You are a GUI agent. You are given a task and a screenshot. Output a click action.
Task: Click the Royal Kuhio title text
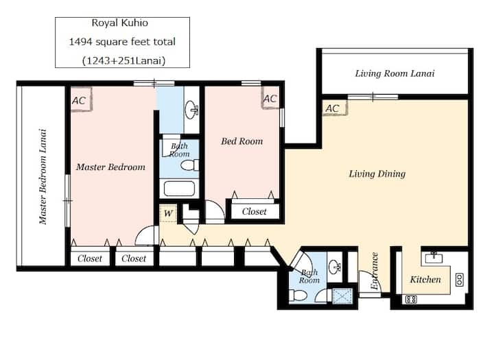point(119,23)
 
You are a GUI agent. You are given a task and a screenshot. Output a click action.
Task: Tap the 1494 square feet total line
point(122,42)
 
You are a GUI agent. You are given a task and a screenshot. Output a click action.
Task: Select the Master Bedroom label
point(110,167)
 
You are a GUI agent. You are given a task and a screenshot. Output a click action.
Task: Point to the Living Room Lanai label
point(395,73)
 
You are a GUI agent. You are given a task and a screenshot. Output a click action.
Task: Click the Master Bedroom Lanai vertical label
point(43,177)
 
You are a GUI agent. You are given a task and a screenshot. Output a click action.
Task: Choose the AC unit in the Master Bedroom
point(81,99)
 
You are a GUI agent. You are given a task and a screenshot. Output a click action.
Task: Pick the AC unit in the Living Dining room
point(335,108)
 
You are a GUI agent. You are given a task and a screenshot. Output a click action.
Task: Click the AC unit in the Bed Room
point(270,97)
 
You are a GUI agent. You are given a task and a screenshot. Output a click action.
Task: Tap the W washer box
point(168,213)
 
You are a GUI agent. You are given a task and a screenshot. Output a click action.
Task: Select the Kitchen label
point(425,279)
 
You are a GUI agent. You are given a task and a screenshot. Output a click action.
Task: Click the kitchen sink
point(434,257)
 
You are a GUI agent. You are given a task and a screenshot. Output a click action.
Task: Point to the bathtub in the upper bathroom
point(179,189)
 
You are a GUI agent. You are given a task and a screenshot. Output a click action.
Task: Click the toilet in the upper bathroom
point(189,165)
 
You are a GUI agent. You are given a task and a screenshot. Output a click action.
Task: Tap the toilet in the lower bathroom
point(298,296)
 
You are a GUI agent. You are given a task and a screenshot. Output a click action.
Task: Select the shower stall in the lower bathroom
point(342,296)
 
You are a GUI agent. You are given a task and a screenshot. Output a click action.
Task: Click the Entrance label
point(375,271)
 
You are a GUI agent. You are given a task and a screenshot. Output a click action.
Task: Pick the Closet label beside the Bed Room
point(255,211)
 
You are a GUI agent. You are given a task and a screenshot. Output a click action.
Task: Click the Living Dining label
point(377,174)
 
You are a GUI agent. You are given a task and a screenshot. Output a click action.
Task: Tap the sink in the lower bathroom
point(335,267)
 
